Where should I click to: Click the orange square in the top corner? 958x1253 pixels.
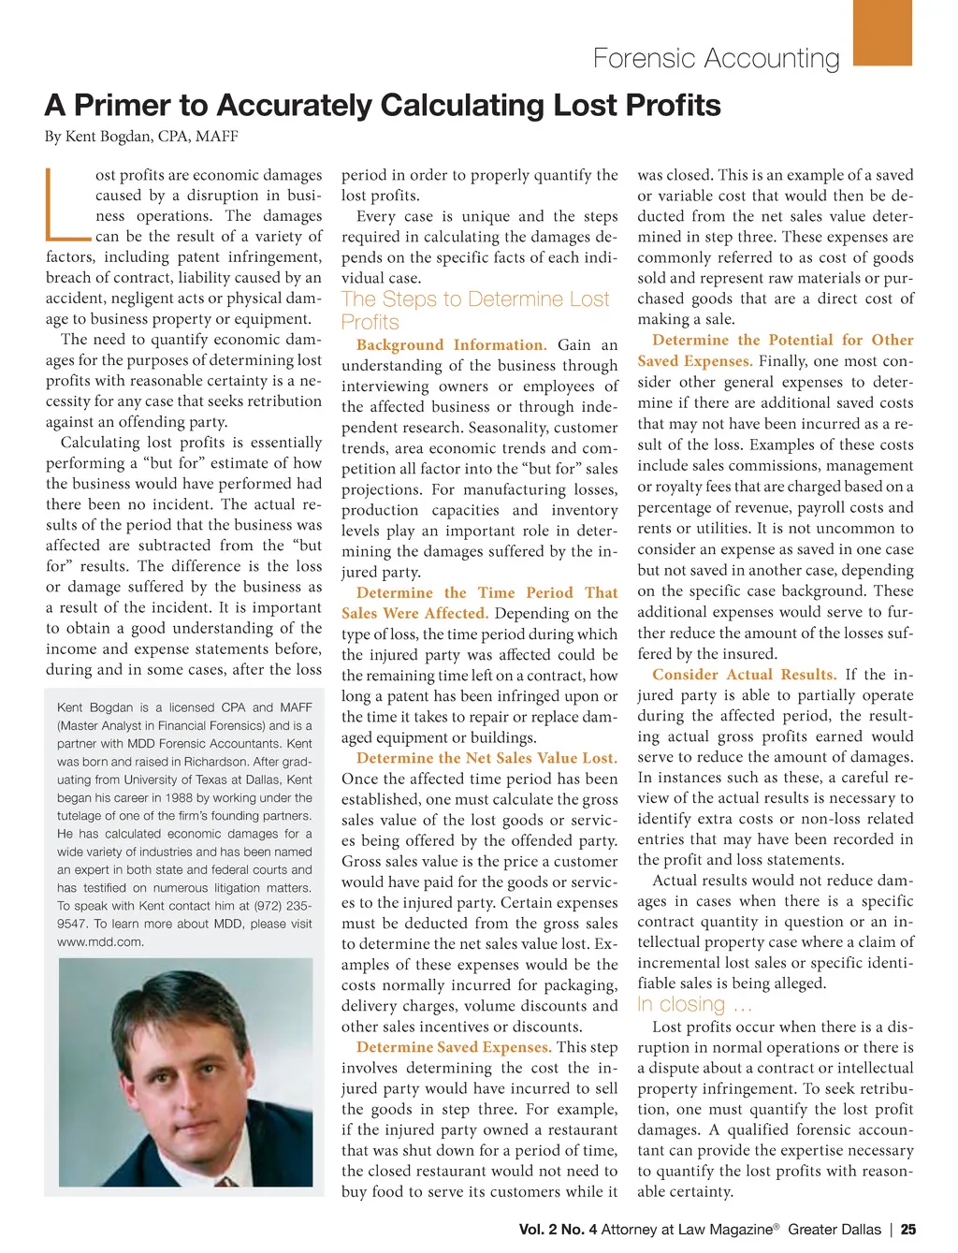coord(882,32)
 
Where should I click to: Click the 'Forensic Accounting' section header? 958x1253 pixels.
coord(716,58)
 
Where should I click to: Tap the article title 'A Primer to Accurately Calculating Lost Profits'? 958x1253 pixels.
coord(383,105)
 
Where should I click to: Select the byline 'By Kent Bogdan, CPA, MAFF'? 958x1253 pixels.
coord(141,137)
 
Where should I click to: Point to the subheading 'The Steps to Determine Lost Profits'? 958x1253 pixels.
coord(475,310)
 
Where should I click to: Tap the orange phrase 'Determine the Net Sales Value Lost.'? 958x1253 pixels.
coord(486,758)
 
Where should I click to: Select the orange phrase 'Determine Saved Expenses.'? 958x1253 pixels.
coord(454,1047)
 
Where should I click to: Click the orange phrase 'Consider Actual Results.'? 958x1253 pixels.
coord(745,675)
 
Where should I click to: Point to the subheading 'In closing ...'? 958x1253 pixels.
coord(694,1004)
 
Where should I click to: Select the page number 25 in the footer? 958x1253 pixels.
coord(907,1230)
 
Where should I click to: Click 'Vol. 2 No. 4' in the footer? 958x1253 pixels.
coord(558,1230)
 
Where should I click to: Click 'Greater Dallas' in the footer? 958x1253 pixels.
coord(834,1230)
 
